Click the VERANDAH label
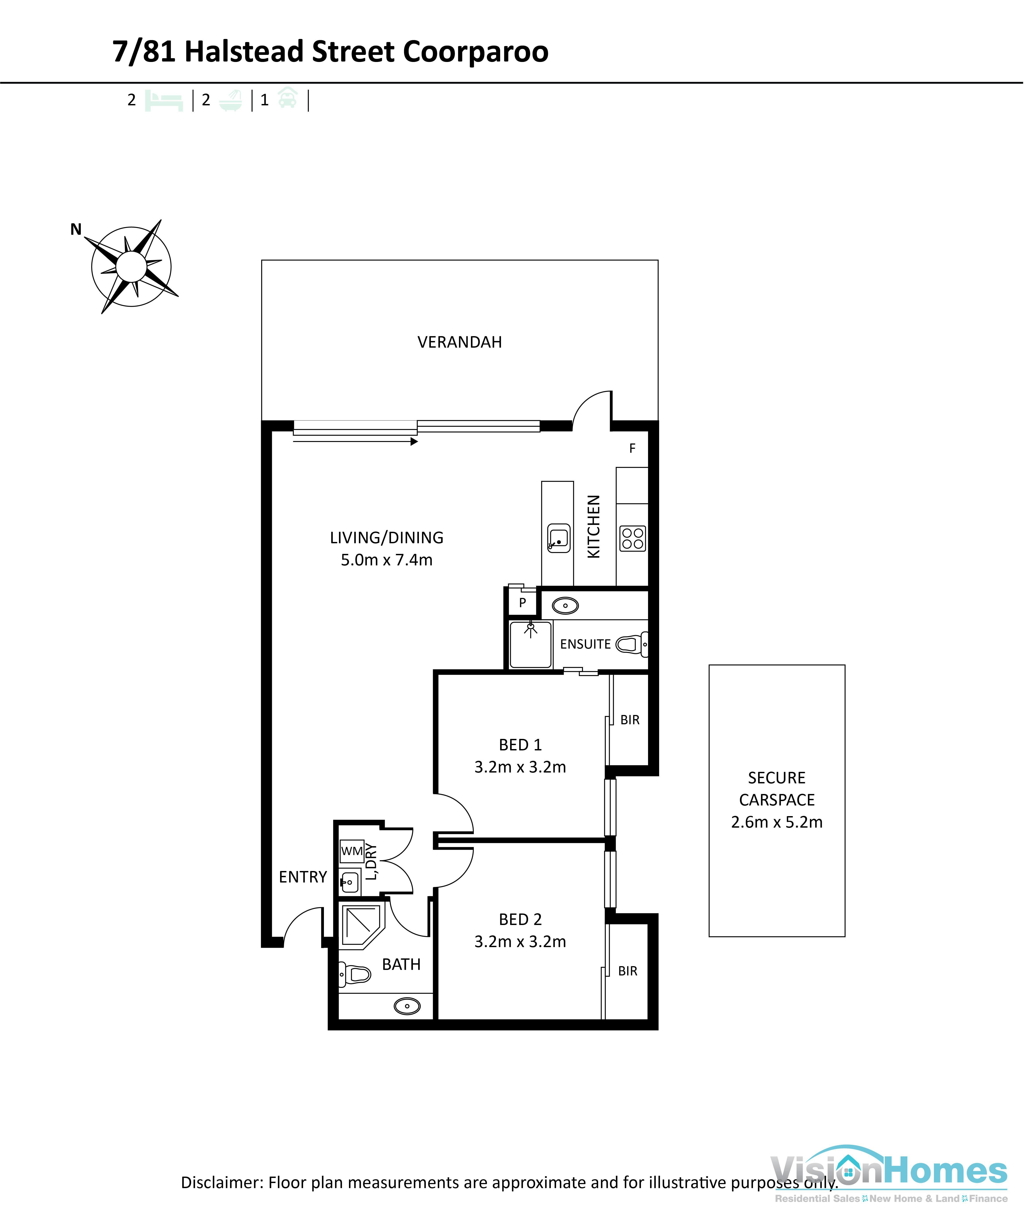pos(459,342)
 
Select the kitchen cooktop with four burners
pos(632,538)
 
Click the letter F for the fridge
pos(632,448)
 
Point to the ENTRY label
pos(302,877)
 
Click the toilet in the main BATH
pos(355,974)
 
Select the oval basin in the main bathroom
pos(407,1006)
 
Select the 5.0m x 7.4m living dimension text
pos(387,560)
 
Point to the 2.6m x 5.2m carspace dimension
pos(777,822)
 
